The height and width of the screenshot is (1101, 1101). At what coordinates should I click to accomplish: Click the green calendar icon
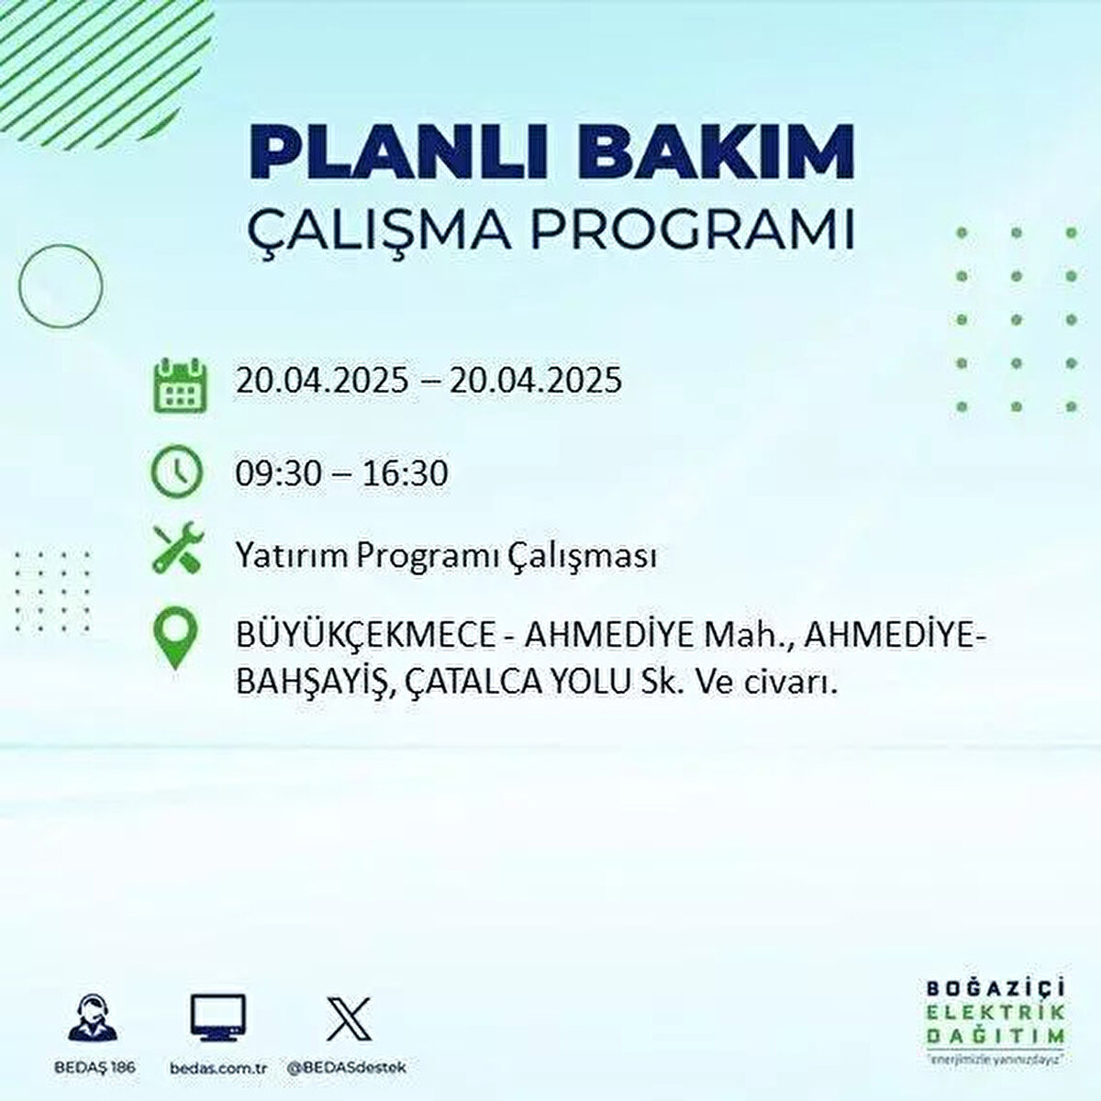point(181,385)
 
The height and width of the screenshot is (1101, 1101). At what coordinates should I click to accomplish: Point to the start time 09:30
point(279,474)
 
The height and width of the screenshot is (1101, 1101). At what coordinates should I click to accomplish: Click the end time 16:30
point(405,474)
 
